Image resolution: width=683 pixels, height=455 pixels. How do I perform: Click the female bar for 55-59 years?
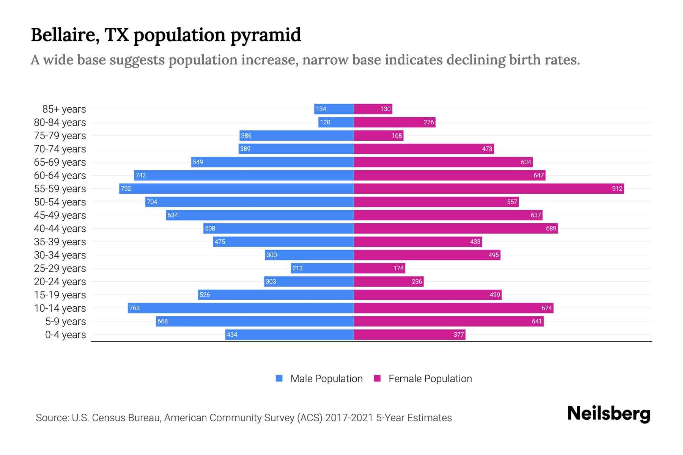489,188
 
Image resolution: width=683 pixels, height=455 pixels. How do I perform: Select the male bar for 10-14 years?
241,308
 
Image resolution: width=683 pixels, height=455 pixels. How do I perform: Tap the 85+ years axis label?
64,109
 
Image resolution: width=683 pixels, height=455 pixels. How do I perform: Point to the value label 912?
617,188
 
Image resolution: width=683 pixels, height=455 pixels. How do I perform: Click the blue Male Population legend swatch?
279,378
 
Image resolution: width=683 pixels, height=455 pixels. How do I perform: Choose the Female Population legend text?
430,378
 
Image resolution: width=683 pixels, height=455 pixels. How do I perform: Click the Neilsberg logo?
609,414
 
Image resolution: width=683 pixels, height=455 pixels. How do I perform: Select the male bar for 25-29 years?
322,268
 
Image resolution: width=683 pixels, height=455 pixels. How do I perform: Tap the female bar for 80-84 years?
395,122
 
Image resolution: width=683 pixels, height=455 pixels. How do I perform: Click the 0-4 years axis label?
65,335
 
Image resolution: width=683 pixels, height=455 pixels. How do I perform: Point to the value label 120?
325,122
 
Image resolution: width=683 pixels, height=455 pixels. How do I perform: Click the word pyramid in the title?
265,35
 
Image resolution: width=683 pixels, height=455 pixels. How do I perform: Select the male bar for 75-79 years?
296,135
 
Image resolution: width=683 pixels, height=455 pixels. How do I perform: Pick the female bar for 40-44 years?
456,228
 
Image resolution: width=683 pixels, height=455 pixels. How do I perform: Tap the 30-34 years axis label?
60,255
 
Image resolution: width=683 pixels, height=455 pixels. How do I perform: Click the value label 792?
126,188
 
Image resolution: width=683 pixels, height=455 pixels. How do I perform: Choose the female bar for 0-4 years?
409,334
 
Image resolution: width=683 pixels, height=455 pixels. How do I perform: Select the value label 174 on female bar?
398,268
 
